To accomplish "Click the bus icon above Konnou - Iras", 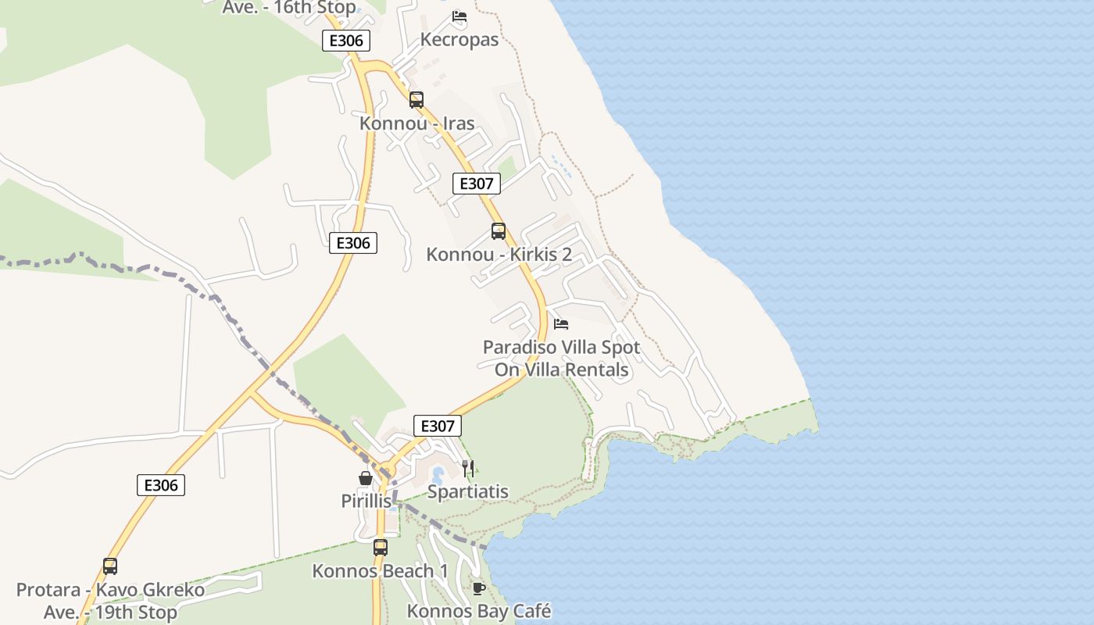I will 417,100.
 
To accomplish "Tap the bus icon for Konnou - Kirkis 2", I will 499,231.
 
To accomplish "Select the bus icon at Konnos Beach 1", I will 381,548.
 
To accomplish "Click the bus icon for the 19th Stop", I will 110,566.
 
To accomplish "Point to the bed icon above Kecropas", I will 459,16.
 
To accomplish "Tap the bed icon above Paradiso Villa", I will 561,323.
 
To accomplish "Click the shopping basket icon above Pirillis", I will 366,478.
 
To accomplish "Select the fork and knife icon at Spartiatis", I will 468,469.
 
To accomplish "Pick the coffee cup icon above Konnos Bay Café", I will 479,588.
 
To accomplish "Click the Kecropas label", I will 459,40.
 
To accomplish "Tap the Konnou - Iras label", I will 417,123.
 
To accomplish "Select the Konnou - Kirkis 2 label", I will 499,255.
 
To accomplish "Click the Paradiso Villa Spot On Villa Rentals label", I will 562,359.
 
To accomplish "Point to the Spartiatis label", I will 468,492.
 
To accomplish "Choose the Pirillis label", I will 366,502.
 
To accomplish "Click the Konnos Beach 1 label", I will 381,571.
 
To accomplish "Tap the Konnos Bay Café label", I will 479,611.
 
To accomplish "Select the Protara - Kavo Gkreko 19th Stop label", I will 110,601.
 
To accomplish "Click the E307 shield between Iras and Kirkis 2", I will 477,184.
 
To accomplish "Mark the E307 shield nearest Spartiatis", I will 437,426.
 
